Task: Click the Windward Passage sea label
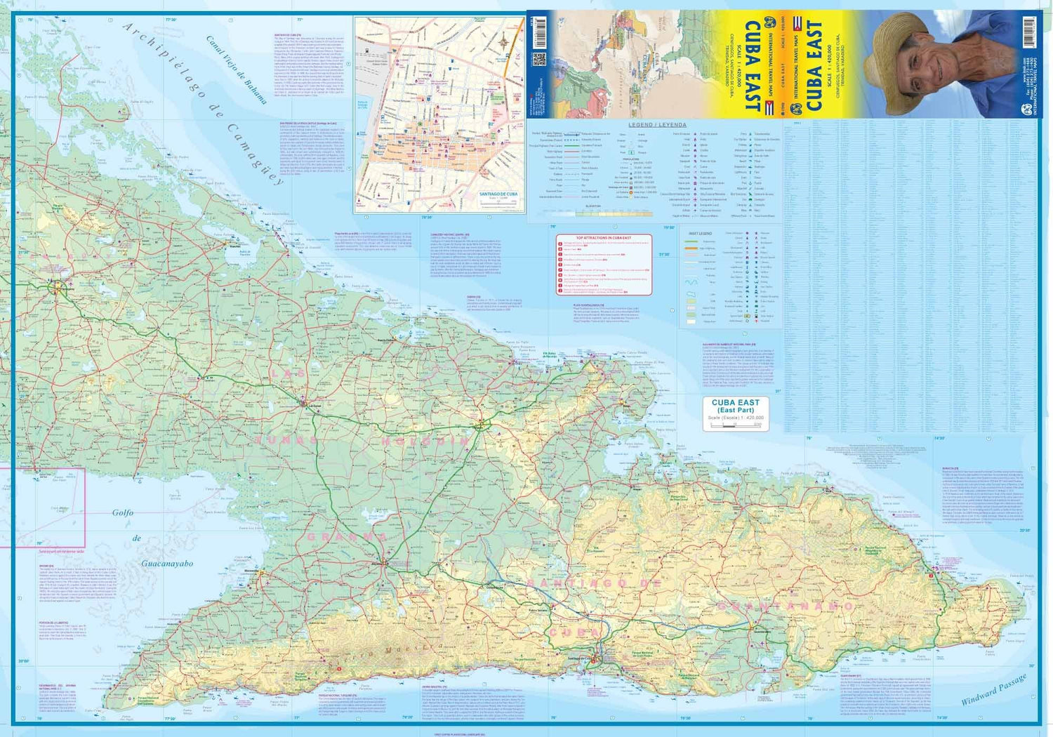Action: click(994, 689)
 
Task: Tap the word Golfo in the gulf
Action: click(123, 512)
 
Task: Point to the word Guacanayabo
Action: click(167, 563)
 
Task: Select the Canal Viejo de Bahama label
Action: click(236, 69)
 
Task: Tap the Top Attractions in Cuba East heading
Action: click(604, 239)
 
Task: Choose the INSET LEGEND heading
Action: click(700, 233)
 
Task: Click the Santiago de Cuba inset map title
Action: click(498, 194)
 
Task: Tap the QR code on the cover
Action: click(538, 59)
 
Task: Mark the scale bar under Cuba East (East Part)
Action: click(736, 425)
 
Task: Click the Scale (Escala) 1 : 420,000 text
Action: click(736, 418)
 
